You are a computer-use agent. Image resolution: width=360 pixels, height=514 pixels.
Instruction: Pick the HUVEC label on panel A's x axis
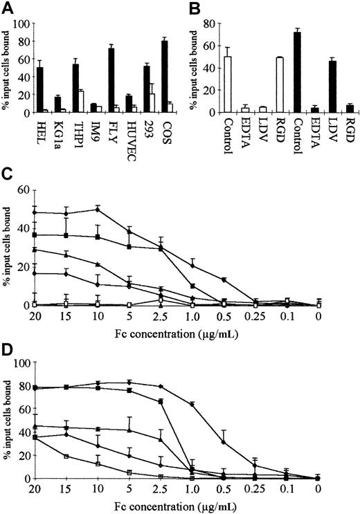(x=129, y=131)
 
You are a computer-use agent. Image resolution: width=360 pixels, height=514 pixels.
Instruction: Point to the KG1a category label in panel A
(x=58, y=128)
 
